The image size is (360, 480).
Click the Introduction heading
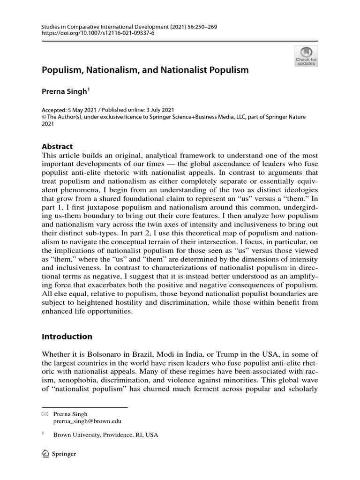point(67,337)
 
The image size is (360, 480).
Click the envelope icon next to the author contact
point(45,414)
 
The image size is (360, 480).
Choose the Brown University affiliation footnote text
point(105,435)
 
